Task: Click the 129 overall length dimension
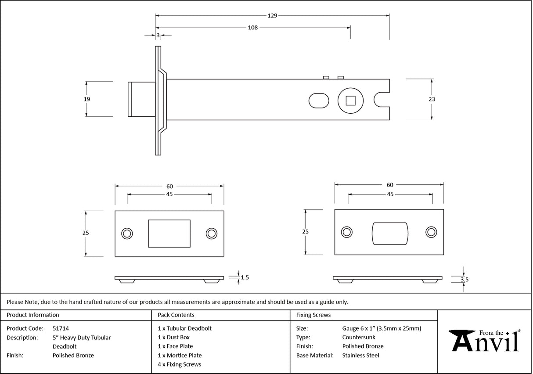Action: tap(272, 15)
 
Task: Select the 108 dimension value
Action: tap(253, 28)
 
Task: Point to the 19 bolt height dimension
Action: tap(87, 99)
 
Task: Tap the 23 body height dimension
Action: tap(432, 99)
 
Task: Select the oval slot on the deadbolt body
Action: tap(319, 101)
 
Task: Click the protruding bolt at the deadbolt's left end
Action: tap(140, 99)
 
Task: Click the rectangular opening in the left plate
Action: tap(169, 234)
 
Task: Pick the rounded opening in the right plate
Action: tap(390, 233)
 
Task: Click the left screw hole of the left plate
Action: tap(127, 234)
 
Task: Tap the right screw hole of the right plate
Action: tap(431, 233)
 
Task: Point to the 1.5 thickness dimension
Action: tap(245, 277)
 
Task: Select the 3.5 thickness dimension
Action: tap(464, 279)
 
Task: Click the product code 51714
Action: tap(61, 328)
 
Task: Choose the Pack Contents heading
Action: tap(176, 315)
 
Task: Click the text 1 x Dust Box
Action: tap(173, 338)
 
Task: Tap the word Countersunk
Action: tap(359, 338)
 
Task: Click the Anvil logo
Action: tap(485, 341)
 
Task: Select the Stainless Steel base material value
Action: tap(360, 356)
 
